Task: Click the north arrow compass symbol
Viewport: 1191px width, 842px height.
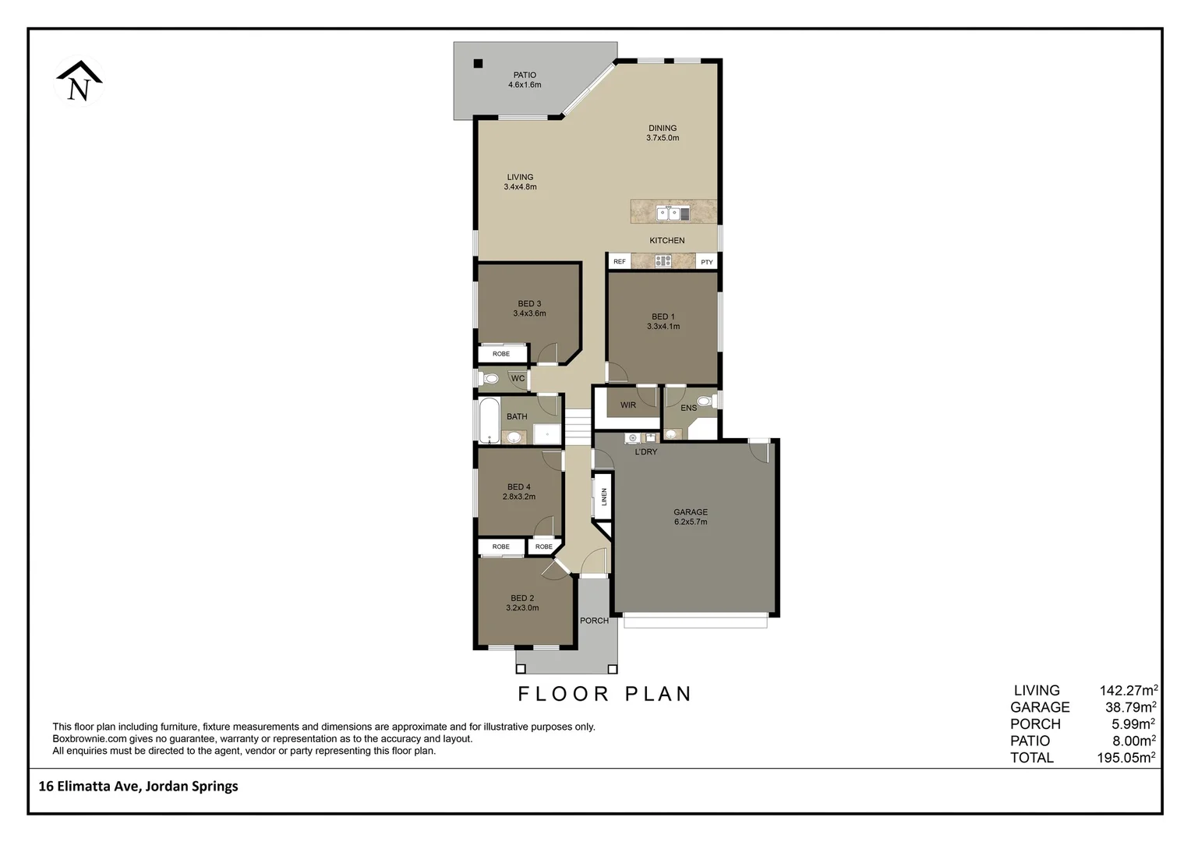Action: click(x=79, y=82)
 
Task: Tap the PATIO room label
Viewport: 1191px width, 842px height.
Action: click(x=525, y=76)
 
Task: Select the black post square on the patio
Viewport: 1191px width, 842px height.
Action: click(x=479, y=64)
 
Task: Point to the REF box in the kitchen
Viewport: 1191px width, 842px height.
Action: click(x=620, y=262)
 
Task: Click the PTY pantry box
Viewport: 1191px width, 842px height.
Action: click(x=706, y=262)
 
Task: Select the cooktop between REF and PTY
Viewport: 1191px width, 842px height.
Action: click(x=663, y=261)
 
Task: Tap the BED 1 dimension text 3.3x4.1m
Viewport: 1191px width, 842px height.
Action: click(x=663, y=327)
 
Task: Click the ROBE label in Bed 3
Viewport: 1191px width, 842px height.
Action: click(x=501, y=354)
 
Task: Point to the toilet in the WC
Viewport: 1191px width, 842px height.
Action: click(x=490, y=379)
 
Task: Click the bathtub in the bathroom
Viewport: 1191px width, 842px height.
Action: click(x=489, y=421)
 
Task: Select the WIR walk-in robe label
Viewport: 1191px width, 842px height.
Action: click(x=628, y=405)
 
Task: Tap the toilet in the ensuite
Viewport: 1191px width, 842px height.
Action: click(x=705, y=402)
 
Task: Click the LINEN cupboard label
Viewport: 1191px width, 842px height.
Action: click(x=603, y=497)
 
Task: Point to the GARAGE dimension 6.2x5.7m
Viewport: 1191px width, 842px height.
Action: click(x=691, y=522)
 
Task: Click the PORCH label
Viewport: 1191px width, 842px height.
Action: click(x=594, y=621)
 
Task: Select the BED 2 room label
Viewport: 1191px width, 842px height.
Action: click(x=521, y=598)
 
